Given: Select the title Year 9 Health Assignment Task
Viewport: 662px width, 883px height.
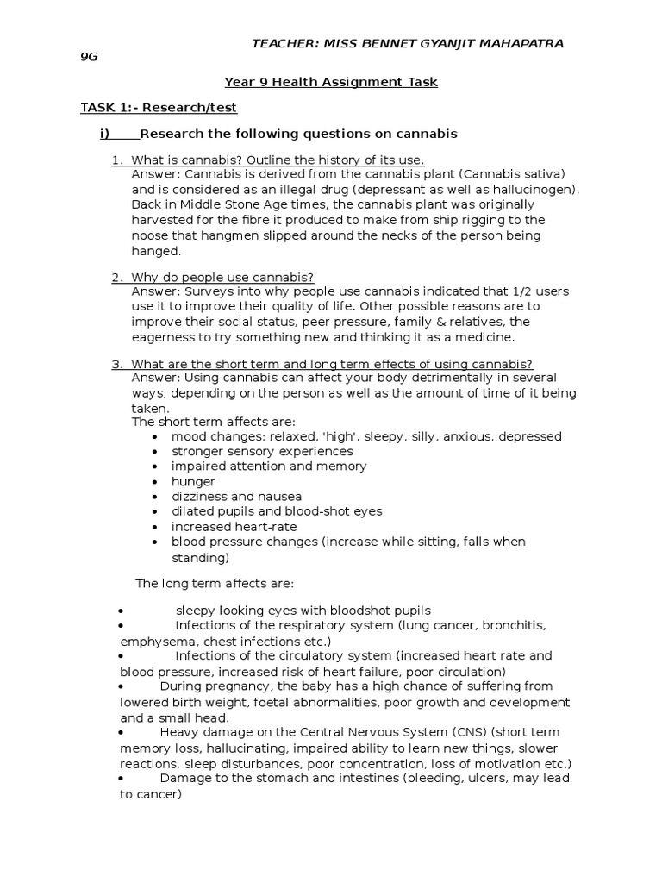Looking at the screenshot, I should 331,83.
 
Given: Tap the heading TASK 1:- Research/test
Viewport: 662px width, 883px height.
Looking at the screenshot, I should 159,108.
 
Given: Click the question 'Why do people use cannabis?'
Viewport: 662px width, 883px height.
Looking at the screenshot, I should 222,277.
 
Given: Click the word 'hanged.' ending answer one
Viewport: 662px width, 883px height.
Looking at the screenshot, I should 156,252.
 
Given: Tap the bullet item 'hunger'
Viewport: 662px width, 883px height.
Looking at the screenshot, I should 193,481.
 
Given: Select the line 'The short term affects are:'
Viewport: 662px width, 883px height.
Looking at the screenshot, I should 213,422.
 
